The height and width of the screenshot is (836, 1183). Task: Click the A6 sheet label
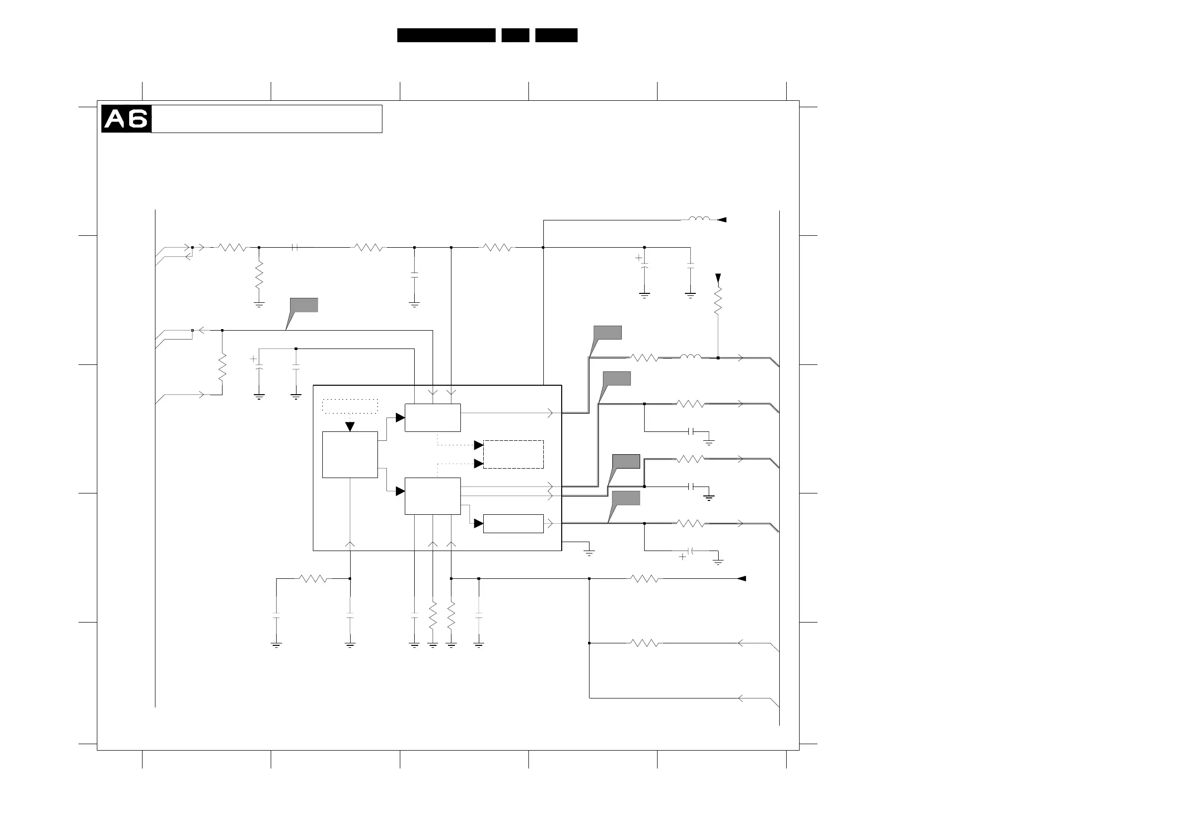[x=126, y=119]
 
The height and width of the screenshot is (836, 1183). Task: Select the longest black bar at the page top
[x=446, y=35]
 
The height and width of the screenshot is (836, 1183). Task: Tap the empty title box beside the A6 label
[x=266, y=119]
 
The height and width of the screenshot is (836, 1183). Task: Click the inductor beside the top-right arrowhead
[x=699, y=219]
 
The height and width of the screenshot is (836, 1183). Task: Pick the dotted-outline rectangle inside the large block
[x=350, y=406]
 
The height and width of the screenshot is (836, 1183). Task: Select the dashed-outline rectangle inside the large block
[x=513, y=454]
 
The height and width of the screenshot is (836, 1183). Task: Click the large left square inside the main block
[x=350, y=455]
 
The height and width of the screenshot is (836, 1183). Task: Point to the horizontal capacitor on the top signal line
[x=295, y=248]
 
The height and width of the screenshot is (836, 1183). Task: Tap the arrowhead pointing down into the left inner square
[x=350, y=426]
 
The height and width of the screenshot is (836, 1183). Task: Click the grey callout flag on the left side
[x=303, y=305]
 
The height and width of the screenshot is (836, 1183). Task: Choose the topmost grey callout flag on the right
[x=607, y=333]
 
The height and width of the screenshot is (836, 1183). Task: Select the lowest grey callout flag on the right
[x=625, y=498]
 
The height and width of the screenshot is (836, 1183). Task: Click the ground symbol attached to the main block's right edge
[x=589, y=553]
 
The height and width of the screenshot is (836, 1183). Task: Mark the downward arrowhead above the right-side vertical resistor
[x=718, y=278]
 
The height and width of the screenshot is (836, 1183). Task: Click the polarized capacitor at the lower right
[x=691, y=551]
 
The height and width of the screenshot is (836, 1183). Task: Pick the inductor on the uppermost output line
[x=690, y=356]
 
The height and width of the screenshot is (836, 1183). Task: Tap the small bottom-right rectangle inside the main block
[x=513, y=523]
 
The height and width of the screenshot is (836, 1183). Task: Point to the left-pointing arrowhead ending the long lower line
[x=741, y=578]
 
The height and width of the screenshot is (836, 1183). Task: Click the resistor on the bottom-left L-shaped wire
[x=313, y=578]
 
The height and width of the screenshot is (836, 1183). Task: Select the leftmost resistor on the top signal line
[x=232, y=248]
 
